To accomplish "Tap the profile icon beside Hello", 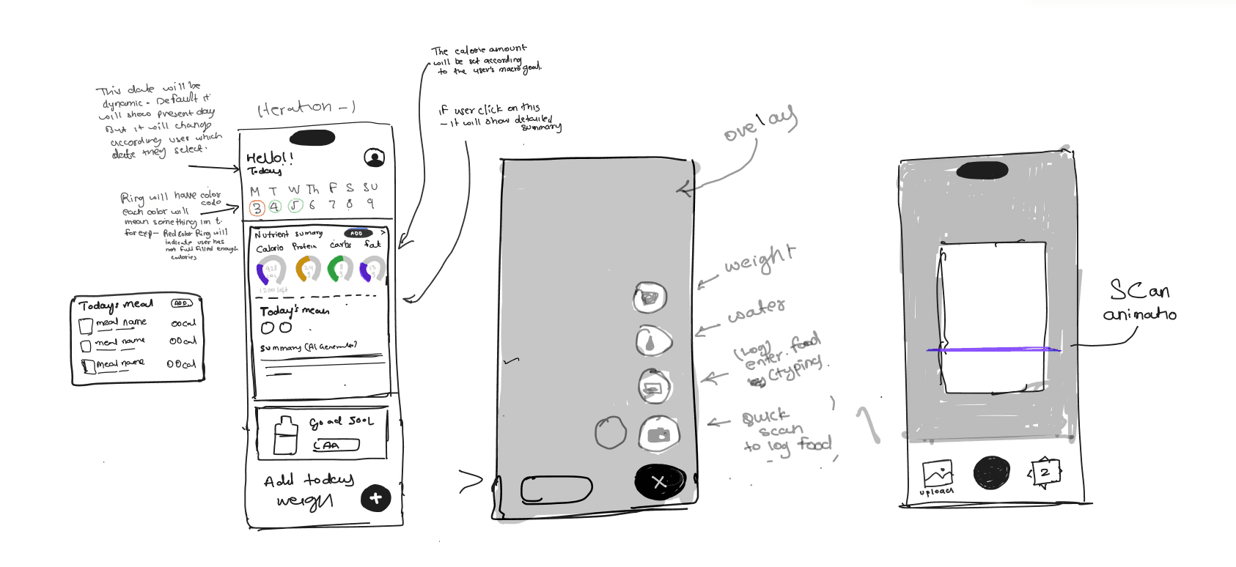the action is click(375, 157).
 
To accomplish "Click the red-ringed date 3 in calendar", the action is click(257, 208).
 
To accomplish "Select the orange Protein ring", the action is click(308, 270).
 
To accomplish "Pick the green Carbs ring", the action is click(340, 270).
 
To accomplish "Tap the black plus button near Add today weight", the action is click(376, 499).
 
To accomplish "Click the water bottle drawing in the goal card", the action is click(284, 436).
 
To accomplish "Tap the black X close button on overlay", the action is click(659, 481).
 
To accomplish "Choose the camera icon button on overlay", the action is click(658, 434).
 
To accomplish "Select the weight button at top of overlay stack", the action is click(650, 297).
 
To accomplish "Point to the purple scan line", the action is click(993, 349).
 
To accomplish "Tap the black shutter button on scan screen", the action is click(991, 472).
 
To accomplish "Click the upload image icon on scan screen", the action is click(938, 474).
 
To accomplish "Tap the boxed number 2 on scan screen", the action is click(1045, 472).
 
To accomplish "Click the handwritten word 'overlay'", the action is click(759, 125).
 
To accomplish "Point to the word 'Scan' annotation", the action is click(1139, 290).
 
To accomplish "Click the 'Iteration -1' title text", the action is click(306, 109).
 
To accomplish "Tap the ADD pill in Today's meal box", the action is click(181, 303).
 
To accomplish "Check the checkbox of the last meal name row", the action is click(88, 365).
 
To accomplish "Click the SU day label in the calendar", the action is click(370, 188).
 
